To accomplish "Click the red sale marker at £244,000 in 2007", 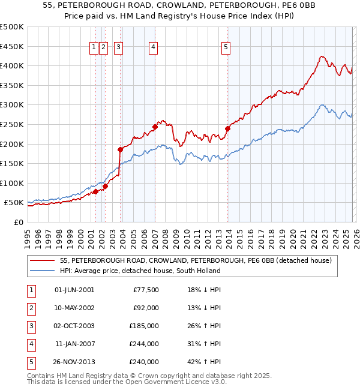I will click(x=155, y=127).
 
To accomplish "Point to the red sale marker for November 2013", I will click(x=228, y=128).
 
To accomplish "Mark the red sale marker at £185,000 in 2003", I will click(x=121, y=149).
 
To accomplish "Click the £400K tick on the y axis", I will click(x=12, y=66).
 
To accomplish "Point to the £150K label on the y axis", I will click(x=12, y=163).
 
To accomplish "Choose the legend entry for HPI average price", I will click(x=140, y=271).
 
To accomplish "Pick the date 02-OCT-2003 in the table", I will click(x=74, y=326).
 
